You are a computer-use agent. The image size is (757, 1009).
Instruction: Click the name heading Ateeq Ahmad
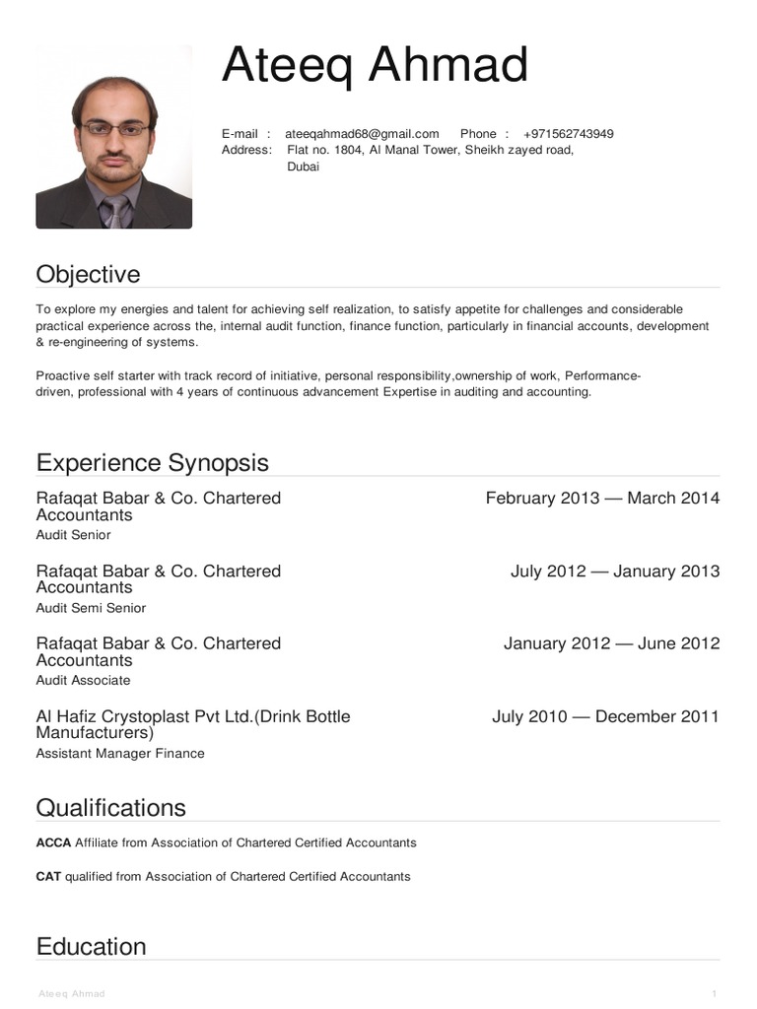375,66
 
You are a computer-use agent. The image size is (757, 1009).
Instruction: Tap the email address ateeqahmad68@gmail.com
362,134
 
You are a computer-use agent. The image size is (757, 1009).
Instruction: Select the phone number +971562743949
569,134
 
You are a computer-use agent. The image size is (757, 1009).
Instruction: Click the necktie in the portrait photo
116,210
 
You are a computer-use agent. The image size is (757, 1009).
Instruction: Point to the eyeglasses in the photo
115,128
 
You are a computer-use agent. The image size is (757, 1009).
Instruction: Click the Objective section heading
88,274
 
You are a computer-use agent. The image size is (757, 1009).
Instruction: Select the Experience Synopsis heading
152,462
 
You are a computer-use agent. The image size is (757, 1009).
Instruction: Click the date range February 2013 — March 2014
602,498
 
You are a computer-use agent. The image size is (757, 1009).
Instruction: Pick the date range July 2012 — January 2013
615,571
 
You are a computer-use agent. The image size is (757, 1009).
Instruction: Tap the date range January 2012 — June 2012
611,643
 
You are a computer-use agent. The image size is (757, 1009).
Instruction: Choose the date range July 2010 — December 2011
605,716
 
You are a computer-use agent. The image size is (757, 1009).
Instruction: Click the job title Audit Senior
73,535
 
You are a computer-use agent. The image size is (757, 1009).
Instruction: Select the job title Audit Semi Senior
91,608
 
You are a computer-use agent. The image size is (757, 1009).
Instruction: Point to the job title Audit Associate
83,680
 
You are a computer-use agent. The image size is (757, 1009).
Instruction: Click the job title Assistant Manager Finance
120,753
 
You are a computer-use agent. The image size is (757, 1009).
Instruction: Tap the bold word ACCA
53,842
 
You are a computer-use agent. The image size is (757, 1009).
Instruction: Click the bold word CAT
48,876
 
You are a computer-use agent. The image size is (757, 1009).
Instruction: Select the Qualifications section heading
110,807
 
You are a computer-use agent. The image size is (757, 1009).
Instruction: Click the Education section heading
91,946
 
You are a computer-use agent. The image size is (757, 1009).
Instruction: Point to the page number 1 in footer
714,993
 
